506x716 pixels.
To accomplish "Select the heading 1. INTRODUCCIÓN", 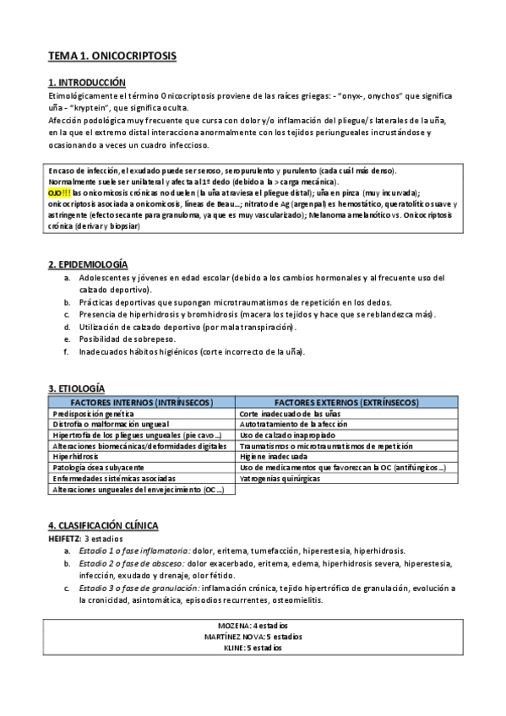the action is pos(87,83).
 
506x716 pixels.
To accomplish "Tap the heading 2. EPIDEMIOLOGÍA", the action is pos(88,265).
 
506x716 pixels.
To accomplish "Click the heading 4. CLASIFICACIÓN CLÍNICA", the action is pos(103,525).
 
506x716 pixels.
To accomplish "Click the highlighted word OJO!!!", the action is pos(59,193).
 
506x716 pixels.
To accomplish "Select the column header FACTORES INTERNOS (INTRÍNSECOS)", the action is pos(141,402).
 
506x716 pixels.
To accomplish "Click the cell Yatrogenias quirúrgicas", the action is pos(280,478).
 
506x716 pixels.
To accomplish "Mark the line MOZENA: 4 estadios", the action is pos(253,625).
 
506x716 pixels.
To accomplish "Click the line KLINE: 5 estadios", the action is pos(253,648).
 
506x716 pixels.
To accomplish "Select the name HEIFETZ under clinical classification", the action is pos(64,538).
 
